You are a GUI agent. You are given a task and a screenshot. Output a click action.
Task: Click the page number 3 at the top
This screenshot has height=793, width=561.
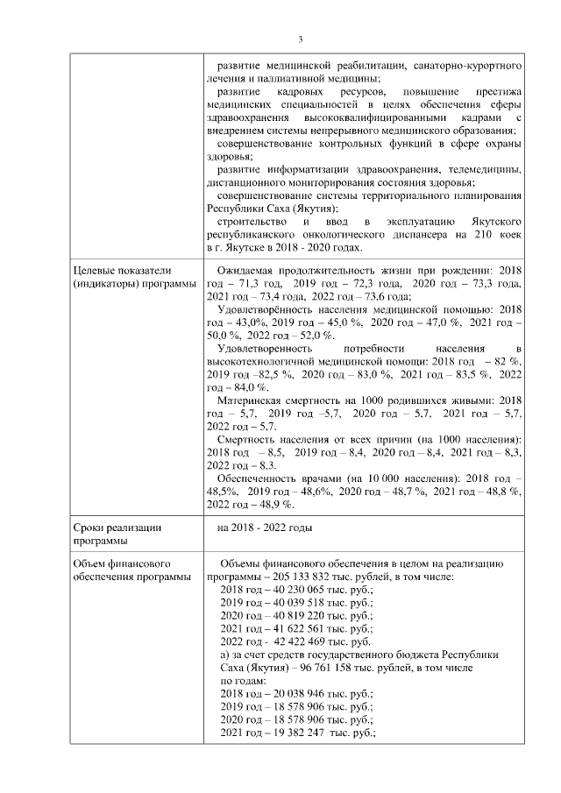[300, 39]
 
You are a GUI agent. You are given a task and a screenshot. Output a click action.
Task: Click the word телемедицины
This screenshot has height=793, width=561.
[487, 169]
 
